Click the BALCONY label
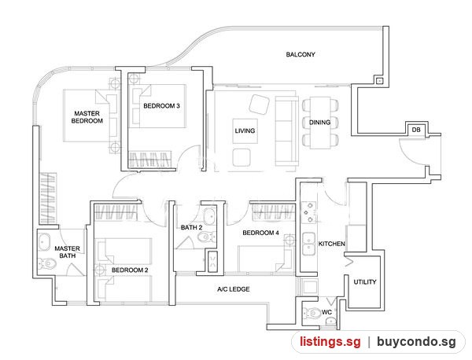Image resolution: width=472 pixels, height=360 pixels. tap(301, 54)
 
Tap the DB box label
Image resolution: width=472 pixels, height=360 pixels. tap(416, 130)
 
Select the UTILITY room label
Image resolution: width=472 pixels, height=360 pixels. tap(365, 282)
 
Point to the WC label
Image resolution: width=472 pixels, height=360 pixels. tap(326, 312)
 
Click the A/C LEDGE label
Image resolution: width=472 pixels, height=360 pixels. tap(234, 289)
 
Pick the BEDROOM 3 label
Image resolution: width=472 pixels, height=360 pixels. tap(161, 106)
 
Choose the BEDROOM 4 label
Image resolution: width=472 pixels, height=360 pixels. tap(260, 233)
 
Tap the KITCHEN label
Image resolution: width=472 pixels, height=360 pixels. tap(332, 244)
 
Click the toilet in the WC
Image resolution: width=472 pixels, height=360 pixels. tap(312, 314)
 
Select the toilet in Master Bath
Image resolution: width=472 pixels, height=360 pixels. tap(47, 264)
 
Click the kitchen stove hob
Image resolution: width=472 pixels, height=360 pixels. tap(309, 212)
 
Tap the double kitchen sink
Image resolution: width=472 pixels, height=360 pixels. tap(309, 244)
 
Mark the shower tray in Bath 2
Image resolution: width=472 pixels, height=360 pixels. tap(213, 262)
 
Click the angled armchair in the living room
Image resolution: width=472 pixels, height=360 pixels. tap(259, 105)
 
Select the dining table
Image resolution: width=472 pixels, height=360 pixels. tap(320, 123)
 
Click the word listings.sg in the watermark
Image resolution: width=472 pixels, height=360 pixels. tap(330, 342)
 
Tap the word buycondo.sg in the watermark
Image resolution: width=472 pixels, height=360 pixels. tap(417, 342)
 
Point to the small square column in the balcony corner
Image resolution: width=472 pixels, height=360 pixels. tap(380, 81)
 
